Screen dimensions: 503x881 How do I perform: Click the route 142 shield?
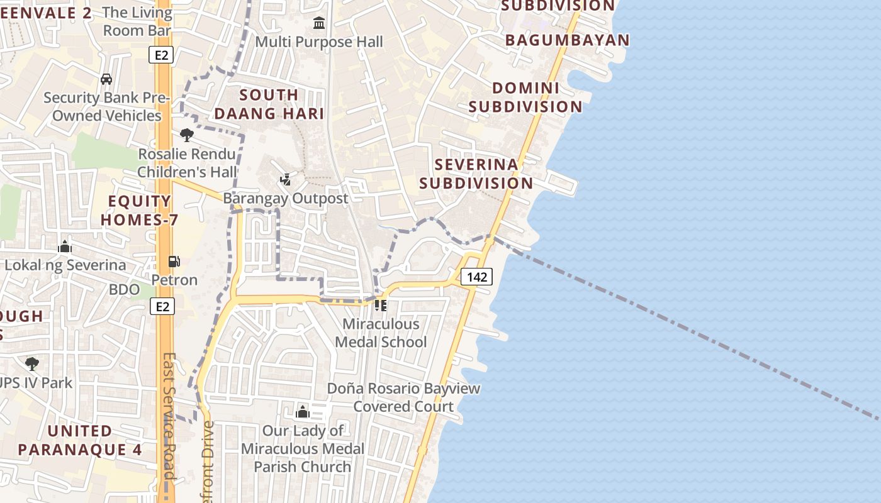coord(476,277)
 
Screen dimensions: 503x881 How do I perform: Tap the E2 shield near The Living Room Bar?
coord(162,55)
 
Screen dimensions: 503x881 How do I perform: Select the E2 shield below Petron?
coord(162,306)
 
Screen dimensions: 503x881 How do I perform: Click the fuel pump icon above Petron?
coord(174,262)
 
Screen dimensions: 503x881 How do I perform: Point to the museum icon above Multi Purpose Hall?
coord(319,23)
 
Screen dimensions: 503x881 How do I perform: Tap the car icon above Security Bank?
coord(106,79)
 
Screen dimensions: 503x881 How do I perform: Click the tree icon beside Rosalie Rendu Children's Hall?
coord(186,135)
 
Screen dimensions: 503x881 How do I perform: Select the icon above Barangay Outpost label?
coord(285,180)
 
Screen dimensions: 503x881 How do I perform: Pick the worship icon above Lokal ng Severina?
coord(65,246)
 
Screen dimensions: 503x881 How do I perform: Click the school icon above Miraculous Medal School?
coord(381,306)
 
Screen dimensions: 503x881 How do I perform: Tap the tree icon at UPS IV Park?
coord(31,363)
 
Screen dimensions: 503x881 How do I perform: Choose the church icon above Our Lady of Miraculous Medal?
coord(303,412)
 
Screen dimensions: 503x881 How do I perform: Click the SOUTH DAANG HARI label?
coord(269,104)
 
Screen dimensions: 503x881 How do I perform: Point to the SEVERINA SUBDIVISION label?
coord(476,174)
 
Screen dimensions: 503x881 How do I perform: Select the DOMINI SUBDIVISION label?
coord(525,97)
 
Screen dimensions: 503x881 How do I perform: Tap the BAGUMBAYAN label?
coord(567,40)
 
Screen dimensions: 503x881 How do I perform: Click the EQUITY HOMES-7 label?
coord(140,211)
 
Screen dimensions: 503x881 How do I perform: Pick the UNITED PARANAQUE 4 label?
coord(80,440)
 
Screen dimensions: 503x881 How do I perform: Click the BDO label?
coord(124,289)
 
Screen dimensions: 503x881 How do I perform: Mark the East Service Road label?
coord(169,415)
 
